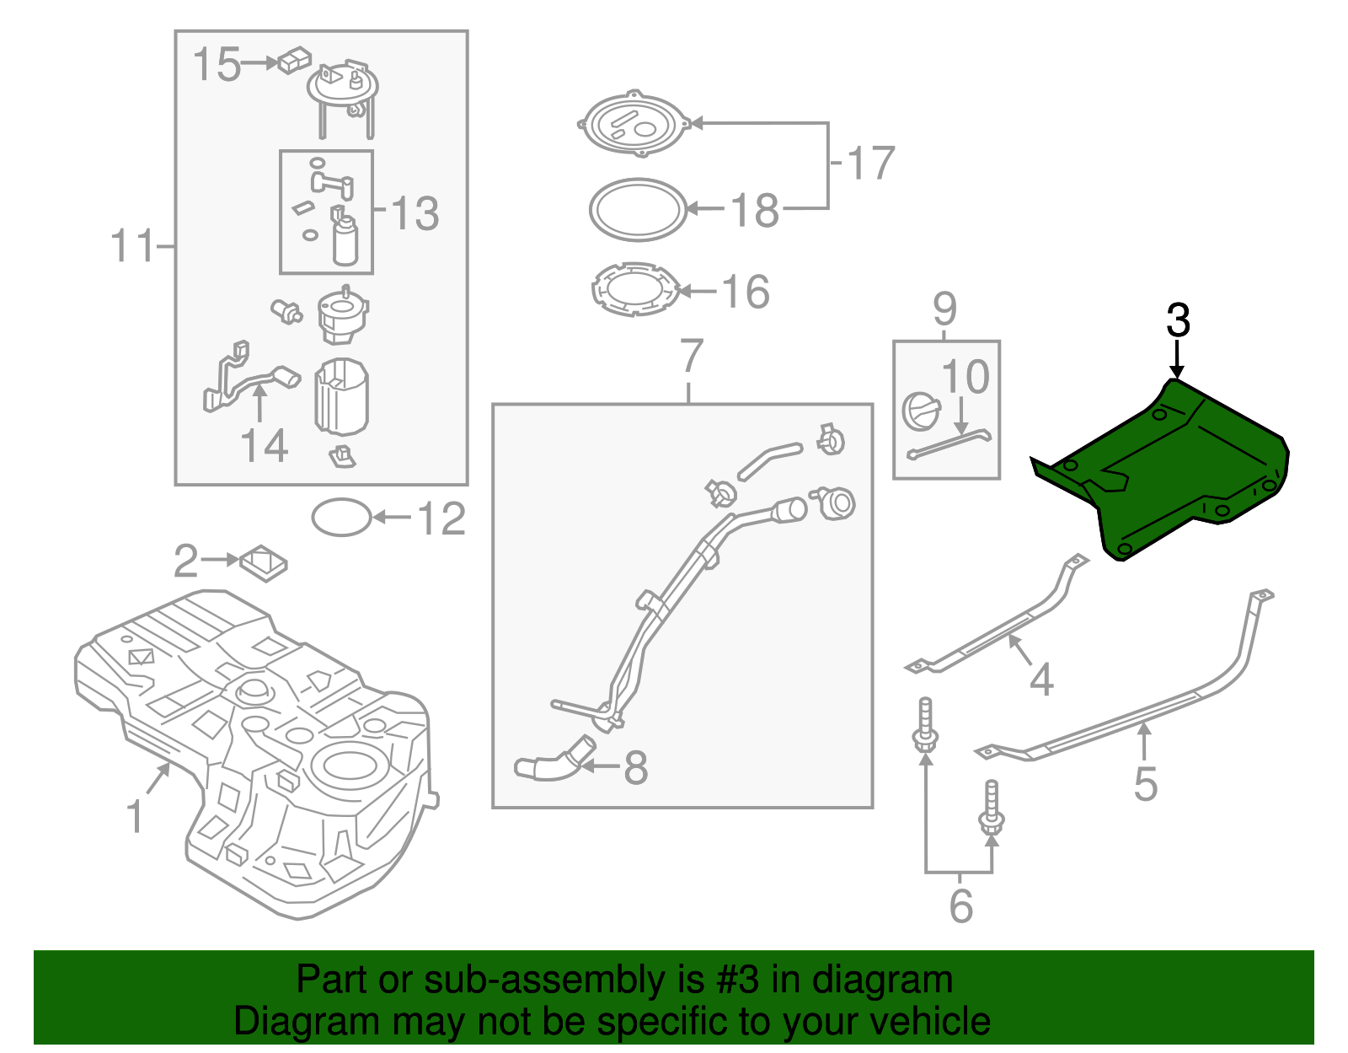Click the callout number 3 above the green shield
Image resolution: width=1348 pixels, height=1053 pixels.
[x=1178, y=321]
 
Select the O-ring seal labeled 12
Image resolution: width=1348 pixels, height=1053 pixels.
[x=341, y=518]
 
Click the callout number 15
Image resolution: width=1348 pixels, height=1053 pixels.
[x=217, y=64]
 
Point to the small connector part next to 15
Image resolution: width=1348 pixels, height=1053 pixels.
[x=294, y=61]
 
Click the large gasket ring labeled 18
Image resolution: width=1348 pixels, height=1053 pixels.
[x=638, y=210]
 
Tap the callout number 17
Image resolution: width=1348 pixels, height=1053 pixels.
[x=870, y=164]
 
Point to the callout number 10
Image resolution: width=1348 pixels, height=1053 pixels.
[x=965, y=377]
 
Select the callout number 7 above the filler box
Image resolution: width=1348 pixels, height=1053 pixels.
[x=690, y=357]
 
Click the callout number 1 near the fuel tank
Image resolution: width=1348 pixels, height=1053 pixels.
[x=135, y=817]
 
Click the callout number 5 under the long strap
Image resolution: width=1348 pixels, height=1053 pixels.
[x=1145, y=783]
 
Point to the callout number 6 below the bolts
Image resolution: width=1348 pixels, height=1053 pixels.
[x=960, y=906]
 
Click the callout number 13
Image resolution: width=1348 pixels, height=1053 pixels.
[x=415, y=213]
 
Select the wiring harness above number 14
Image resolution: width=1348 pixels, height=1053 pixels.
[x=244, y=379]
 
